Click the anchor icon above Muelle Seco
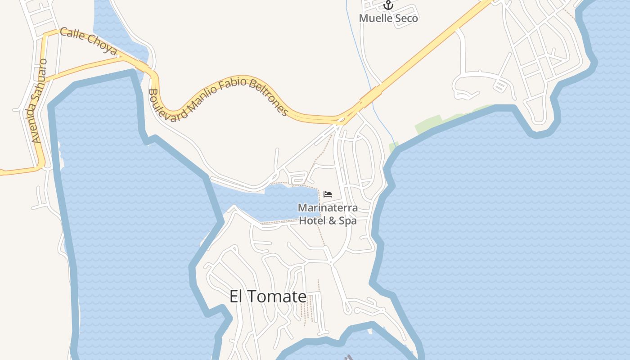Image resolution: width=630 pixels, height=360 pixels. [x=388, y=5]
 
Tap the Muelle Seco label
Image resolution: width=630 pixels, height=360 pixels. [x=388, y=18]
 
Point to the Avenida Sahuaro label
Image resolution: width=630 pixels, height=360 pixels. [x=39, y=101]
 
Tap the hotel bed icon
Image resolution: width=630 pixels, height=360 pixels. [x=328, y=194]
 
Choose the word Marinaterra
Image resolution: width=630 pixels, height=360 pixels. [x=328, y=208]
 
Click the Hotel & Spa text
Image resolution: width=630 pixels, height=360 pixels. [x=328, y=221]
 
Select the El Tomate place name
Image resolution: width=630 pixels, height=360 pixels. [x=268, y=297]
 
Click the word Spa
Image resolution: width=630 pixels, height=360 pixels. [x=348, y=221]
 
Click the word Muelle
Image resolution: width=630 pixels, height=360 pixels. [x=374, y=18]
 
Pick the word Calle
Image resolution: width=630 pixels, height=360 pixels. [x=70, y=34]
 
